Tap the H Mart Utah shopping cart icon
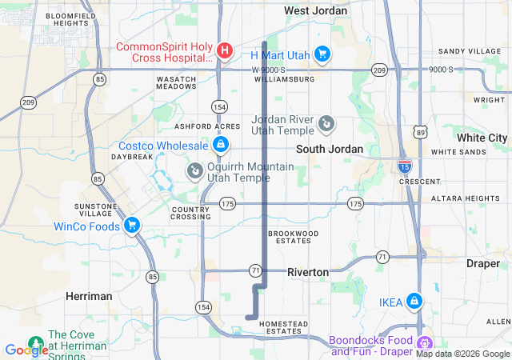(322, 54)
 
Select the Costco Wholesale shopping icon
(220, 145)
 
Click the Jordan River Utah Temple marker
(326, 124)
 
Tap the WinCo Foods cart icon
(133, 226)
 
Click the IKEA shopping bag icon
(414, 302)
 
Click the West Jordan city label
(316, 10)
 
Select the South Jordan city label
(330, 150)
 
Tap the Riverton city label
(308, 272)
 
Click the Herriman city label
(89, 296)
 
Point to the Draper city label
(482, 262)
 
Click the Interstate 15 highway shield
(405, 166)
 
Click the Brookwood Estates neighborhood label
(294, 237)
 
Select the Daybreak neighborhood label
(131, 157)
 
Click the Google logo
(26, 350)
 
